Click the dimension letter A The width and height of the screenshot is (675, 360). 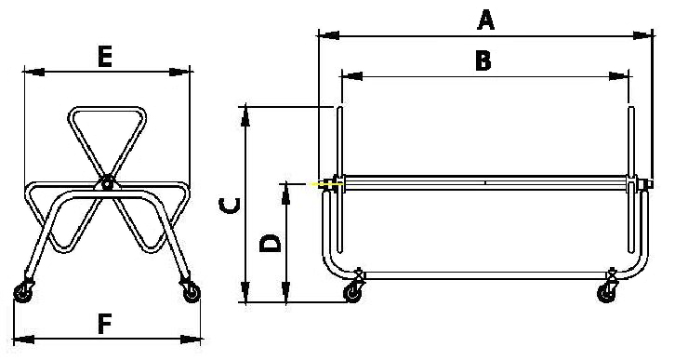(485, 20)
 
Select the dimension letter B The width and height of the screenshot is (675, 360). (483, 60)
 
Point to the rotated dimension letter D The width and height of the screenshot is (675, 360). (271, 244)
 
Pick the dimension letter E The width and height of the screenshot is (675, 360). (105, 57)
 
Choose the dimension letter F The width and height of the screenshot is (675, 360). (105, 324)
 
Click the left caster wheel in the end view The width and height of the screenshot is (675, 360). (23, 294)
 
